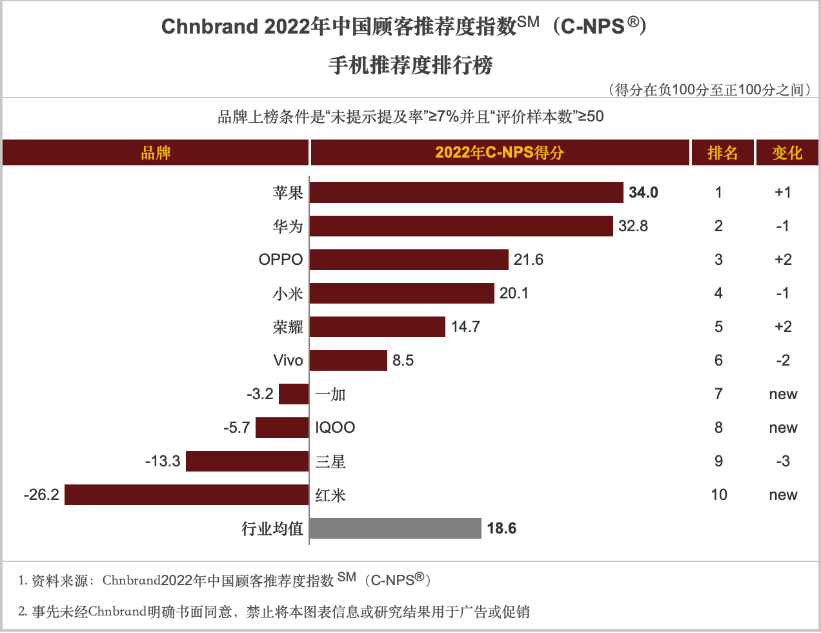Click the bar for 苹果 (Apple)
point(466,192)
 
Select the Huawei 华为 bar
point(461,226)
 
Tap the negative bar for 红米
point(187,495)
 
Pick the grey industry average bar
point(395,528)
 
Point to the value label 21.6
point(528,260)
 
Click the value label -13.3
point(163,461)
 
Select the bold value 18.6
point(502,528)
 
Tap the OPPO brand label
point(281,260)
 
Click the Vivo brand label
point(288,360)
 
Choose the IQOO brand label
point(335,428)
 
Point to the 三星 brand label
point(330,461)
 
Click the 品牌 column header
point(156,153)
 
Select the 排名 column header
point(722,153)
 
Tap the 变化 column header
point(787,153)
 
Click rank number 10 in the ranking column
point(718,495)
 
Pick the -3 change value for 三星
point(782,461)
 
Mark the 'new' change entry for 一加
point(783,394)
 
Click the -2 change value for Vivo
point(782,360)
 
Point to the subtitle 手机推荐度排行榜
point(411,65)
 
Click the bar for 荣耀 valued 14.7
point(378,327)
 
